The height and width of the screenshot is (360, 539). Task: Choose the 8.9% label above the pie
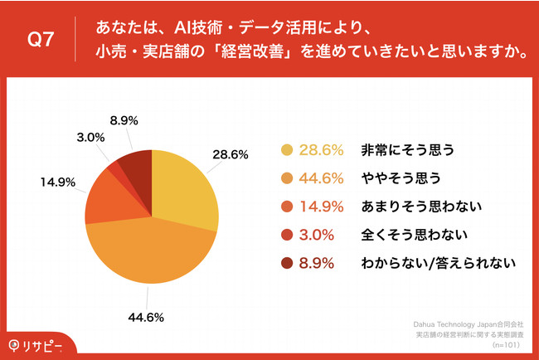124,119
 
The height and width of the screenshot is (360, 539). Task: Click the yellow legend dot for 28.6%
288,150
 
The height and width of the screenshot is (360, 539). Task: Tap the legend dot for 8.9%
288,263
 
